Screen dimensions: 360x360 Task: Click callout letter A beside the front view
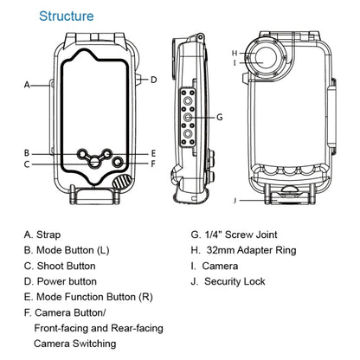pos(28,85)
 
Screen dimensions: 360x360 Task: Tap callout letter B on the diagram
pos(28,152)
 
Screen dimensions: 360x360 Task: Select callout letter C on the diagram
pos(28,164)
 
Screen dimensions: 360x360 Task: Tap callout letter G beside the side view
pos(220,116)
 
